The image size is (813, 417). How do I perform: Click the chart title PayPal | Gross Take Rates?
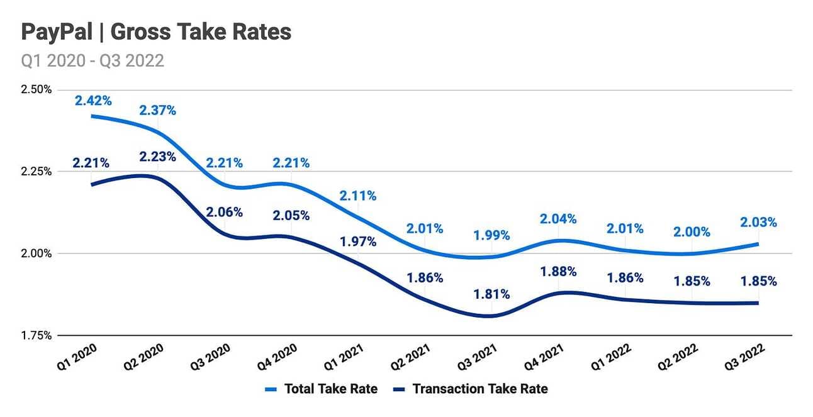[x=156, y=32]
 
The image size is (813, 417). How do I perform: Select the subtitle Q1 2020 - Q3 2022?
[x=93, y=60]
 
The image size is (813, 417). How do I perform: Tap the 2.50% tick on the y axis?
[x=35, y=89]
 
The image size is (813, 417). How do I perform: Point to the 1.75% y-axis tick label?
[x=35, y=336]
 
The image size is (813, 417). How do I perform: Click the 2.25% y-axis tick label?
[x=35, y=171]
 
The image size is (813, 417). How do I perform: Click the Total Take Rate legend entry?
[x=322, y=389]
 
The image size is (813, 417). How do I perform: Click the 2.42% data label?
[x=93, y=100]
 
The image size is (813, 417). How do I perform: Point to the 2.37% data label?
[x=157, y=110]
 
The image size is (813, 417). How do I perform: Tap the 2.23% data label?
[x=157, y=157]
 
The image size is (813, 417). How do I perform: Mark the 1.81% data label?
[x=491, y=294]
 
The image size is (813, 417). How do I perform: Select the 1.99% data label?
[x=491, y=236]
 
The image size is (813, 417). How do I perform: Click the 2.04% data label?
[x=558, y=219]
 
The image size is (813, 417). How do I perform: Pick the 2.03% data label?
[x=758, y=222]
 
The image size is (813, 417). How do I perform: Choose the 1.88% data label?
[x=558, y=272]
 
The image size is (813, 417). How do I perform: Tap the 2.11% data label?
[x=358, y=196]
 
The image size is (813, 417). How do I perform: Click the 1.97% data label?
[x=358, y=242]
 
